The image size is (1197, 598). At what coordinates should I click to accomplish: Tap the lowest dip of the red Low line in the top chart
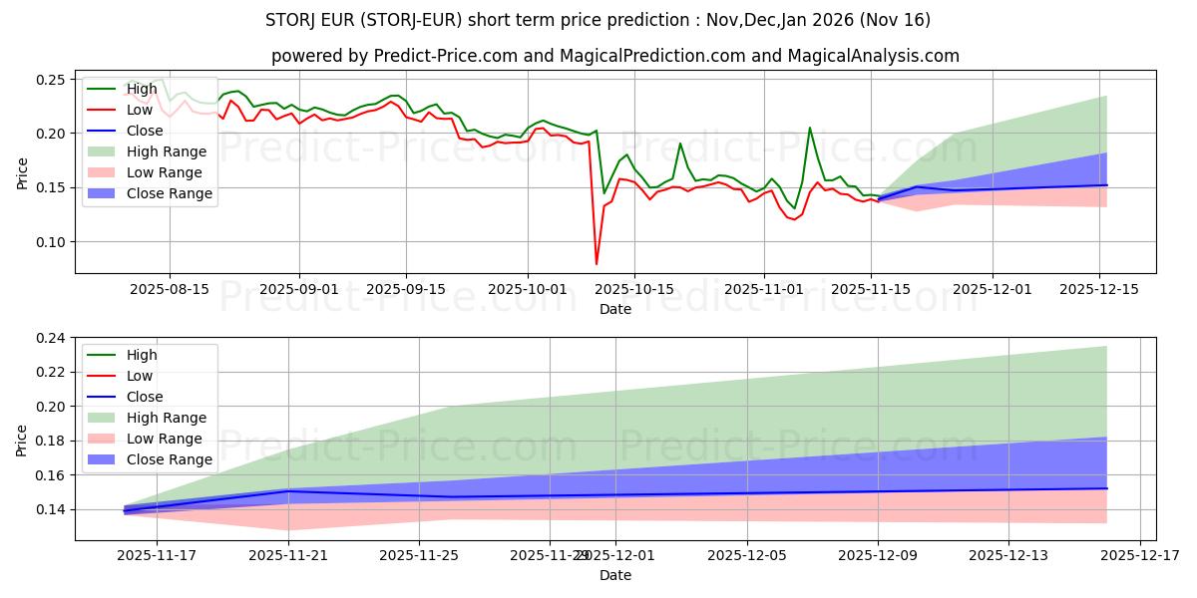pyautogui.click(x=597, y=263)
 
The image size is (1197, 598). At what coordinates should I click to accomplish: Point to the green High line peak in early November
pyautogui.click(x=809, y=128)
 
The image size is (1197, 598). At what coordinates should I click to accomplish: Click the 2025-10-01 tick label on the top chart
pyautogui.click(x=528, y=288)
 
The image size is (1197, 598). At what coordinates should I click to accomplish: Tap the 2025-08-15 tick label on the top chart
pyautogui.click(x=169, y=288)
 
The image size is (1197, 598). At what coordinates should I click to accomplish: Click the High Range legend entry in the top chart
pyautogui.click(x=166, y=151)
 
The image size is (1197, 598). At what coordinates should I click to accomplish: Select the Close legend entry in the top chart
pyautogui.click(x=145, y=131)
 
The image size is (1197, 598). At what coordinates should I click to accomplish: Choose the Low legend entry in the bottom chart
pyautogui.click(x=141, y=376)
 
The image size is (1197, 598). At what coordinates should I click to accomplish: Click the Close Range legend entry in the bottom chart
pyautogui.click(x=169, y=459)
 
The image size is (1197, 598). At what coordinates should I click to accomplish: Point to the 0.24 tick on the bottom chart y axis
pyautogui.click(x=50, y=339)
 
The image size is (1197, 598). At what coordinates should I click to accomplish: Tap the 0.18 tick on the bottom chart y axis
pyautogui.click(x=50, y=442)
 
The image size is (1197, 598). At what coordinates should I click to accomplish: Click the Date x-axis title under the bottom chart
pyautogui.click(x=614, y=575)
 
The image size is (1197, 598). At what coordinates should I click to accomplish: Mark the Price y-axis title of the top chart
pyautogui.click(x=23, y=171)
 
